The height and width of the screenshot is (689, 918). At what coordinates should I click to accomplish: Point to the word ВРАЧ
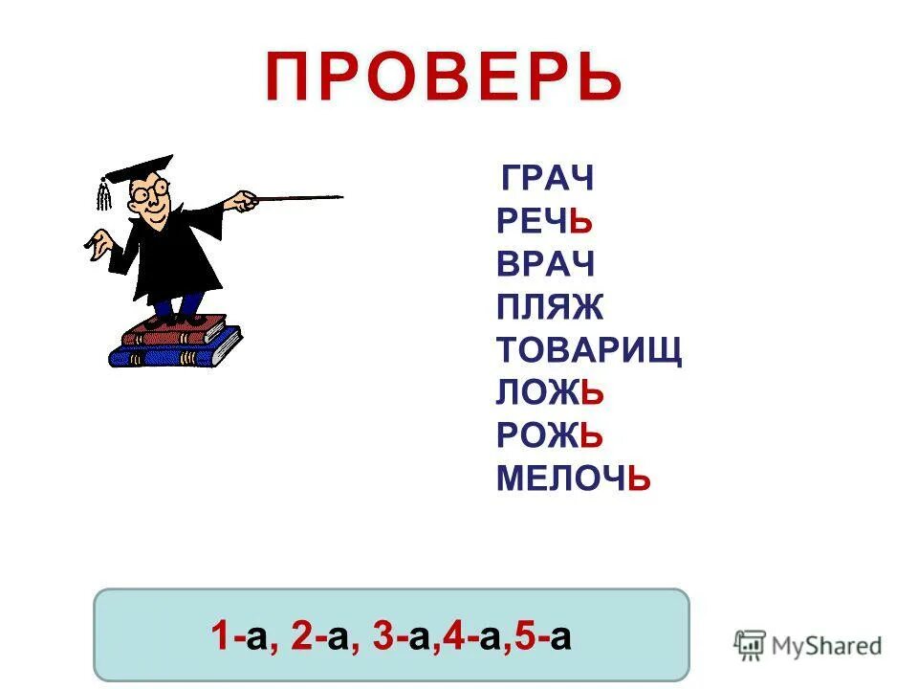click(545, 264)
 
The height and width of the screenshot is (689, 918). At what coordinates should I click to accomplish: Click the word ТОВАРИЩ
click(589, 350)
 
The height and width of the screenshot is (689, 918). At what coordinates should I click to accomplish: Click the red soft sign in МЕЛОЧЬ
click(640, 478)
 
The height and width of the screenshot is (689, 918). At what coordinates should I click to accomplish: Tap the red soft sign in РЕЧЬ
click(582, 222)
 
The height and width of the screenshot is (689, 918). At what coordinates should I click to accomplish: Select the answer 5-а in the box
click(544, 636)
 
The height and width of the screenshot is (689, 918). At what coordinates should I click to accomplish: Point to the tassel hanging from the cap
click(101, 195)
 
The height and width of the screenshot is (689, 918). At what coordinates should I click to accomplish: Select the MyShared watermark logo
click(808, 645)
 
